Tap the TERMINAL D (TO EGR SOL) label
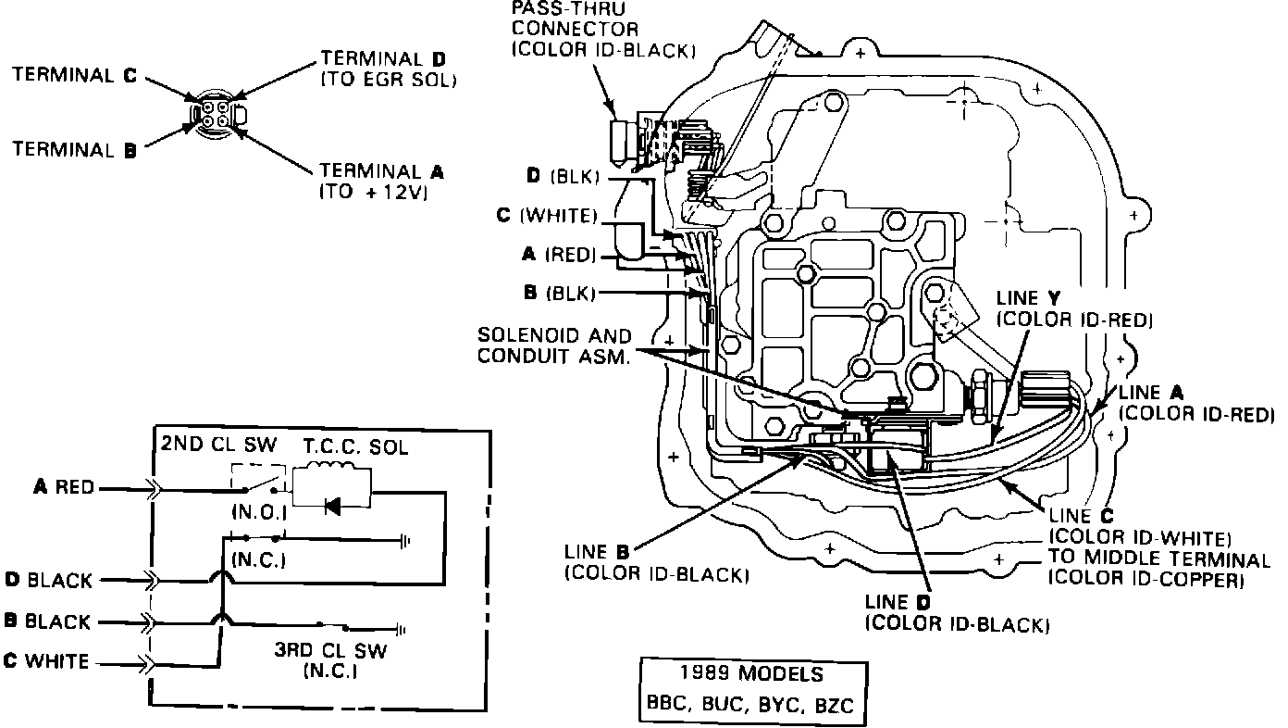point(389,69)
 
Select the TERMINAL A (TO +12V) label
point(381,182)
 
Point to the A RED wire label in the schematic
point(63,487)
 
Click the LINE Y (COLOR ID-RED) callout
point(1073,309)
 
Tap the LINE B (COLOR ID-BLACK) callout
point(654,562)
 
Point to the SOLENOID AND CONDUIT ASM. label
point(553,345)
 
